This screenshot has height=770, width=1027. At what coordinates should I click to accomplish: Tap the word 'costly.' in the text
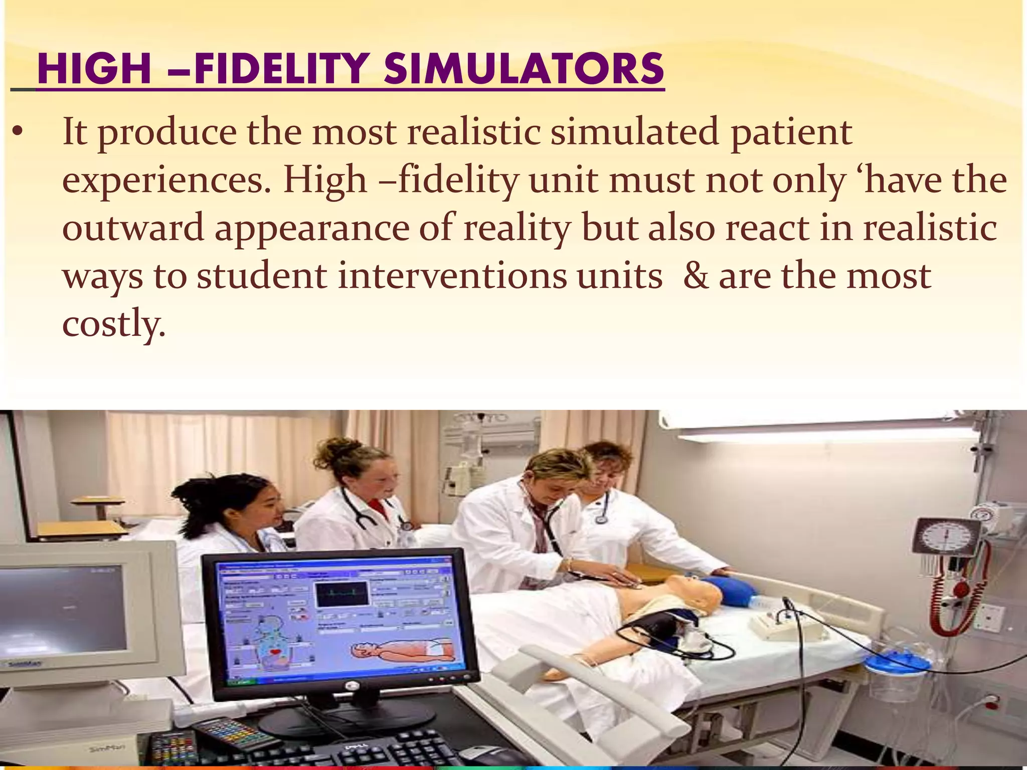[x=113, y=324]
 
